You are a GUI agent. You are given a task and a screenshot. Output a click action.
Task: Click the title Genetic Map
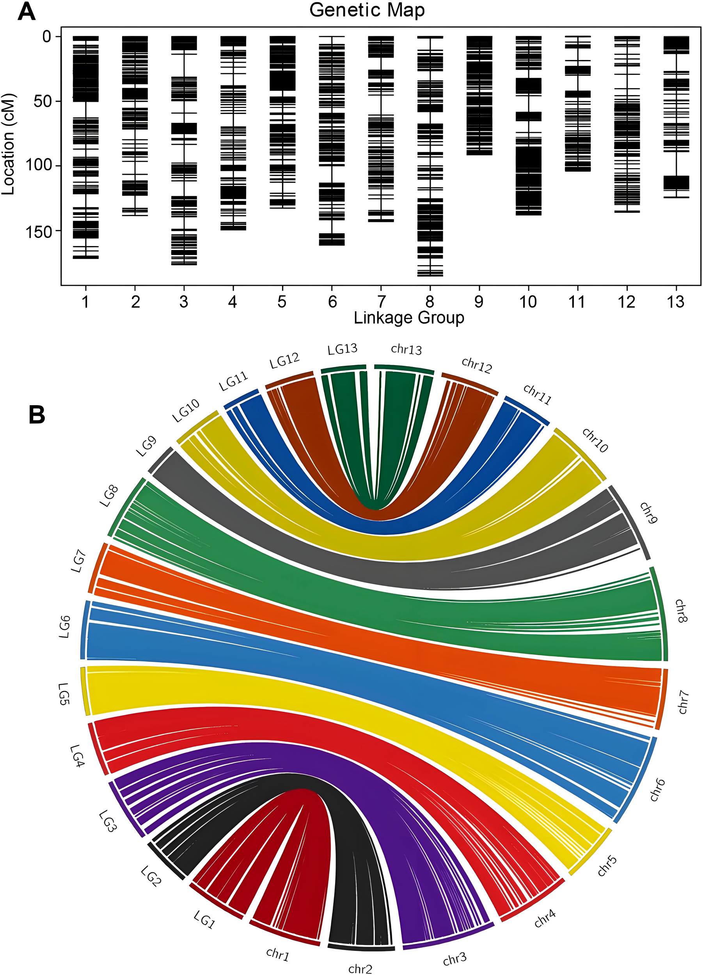(367, 10)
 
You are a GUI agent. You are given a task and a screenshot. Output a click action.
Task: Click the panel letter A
(26, 12)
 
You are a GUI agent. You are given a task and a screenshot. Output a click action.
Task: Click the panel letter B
(37, 415)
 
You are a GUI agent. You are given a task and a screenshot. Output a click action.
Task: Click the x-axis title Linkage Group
(409, 318)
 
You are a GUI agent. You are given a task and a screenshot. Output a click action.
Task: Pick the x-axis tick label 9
(479, 302)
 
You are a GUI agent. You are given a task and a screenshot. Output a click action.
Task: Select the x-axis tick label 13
(675, 302)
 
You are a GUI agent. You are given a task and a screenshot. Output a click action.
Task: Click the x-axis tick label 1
(85, 302)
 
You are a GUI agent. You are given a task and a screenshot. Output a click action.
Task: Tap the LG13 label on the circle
(342, 349)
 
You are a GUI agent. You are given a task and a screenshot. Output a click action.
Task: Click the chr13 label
(407, 349)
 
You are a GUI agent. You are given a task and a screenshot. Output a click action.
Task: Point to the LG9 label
(146, 447)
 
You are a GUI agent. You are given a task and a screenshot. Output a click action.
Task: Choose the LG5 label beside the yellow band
(64, 694)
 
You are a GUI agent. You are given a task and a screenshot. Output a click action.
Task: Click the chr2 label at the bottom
(360, 968)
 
